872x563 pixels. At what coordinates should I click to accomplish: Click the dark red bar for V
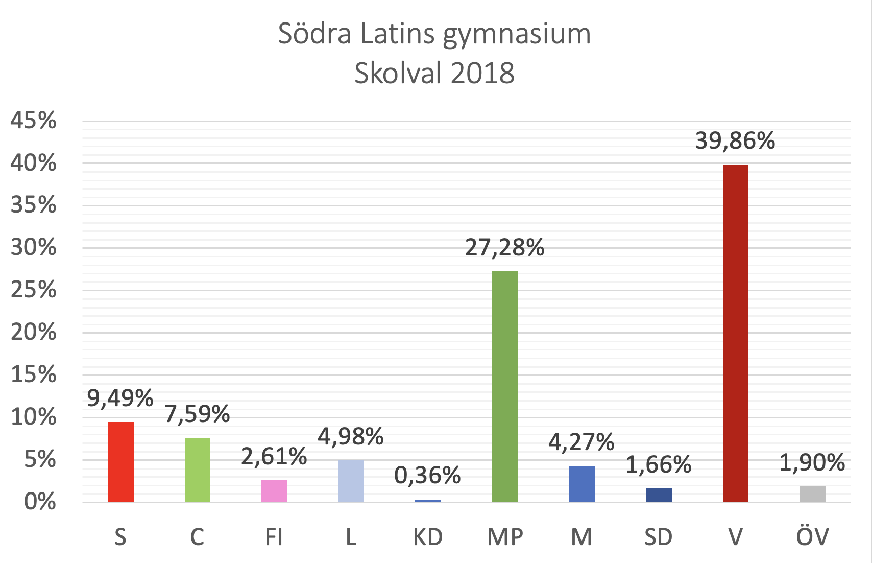[x=735, y=333]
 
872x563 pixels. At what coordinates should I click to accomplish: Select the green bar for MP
[x=504, y=386]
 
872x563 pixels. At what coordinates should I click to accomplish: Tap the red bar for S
[x=120, y=461]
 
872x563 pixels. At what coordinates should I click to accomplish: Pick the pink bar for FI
[x=274, y=490]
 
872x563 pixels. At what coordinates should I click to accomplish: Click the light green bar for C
[x=197, y=470]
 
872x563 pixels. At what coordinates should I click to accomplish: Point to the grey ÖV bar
[x=812, y=494]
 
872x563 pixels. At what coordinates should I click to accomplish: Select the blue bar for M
[x=582, y=483]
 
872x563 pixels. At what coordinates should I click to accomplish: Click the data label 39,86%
[x=735, y=140]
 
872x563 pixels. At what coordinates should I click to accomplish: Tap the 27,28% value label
[x=504, y=247]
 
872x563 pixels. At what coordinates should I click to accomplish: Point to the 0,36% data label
[x=427, y=476]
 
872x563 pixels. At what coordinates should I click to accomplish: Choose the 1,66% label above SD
[x=658, y=464]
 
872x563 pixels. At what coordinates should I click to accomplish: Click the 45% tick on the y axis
[x=33, y=121]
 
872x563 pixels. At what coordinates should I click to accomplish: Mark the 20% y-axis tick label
[x=33, y=333]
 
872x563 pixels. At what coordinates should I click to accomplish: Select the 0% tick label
[x=40, y=501]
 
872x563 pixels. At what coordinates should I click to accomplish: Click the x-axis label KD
[x=427, y=537]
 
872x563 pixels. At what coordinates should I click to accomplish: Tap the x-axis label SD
[x=658, y=537]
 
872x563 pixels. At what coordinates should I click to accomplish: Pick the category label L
[x=351, y=537]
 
